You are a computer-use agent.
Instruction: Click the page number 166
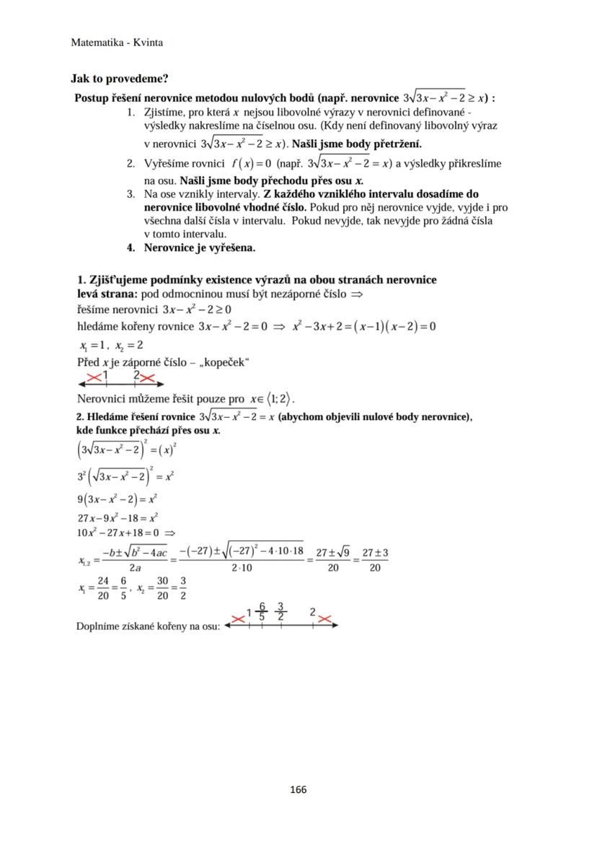click(298, 789)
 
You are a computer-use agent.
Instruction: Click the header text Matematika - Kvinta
click(117, 43)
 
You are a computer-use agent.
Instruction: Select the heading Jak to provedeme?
click(119, 79)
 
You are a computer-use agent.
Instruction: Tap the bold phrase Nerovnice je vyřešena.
click(200, 248)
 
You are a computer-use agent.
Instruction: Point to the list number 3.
click(131, 194)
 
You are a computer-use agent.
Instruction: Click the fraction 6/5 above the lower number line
click(262, 612)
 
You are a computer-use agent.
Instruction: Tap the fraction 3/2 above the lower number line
click(280, 612)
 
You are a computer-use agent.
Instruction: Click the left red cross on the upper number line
click(94, 377)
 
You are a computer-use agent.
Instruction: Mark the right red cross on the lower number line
click(324, 619)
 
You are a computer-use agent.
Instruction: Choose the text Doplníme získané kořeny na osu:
click(149, 626)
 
